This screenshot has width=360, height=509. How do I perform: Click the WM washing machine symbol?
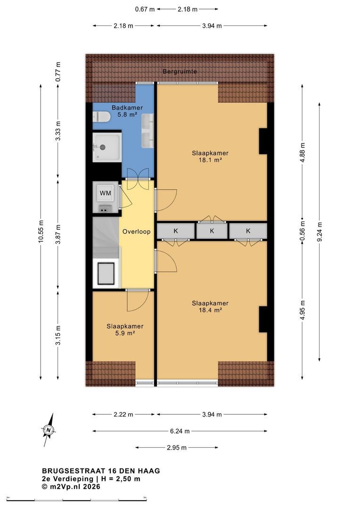coord(105,193)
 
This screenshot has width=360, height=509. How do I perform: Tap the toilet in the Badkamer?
coord(101,117)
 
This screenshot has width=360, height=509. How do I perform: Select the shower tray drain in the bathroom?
coord(103,147)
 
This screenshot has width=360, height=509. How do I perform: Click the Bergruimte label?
coord(180,71)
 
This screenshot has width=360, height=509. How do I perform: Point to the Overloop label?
coord(136,231)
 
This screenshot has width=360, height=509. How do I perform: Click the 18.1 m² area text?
coord(210,160)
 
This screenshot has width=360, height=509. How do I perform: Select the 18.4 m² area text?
coord(210,310)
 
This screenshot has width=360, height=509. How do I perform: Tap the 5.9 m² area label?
coord(125,333)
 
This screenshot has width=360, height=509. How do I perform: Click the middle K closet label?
coord(212,231)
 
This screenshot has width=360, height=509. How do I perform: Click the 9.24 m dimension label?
coord(319,231)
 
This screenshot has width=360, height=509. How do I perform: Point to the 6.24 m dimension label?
coord(180,431)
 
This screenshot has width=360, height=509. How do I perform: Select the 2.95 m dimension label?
coord(177,448)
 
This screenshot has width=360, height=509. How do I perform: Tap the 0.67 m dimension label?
coord(145,9)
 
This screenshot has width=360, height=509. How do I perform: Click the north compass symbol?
coord(49,430)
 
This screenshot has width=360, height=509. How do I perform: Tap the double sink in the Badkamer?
coord(147,131)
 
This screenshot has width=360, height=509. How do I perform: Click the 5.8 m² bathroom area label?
coord(127,114)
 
